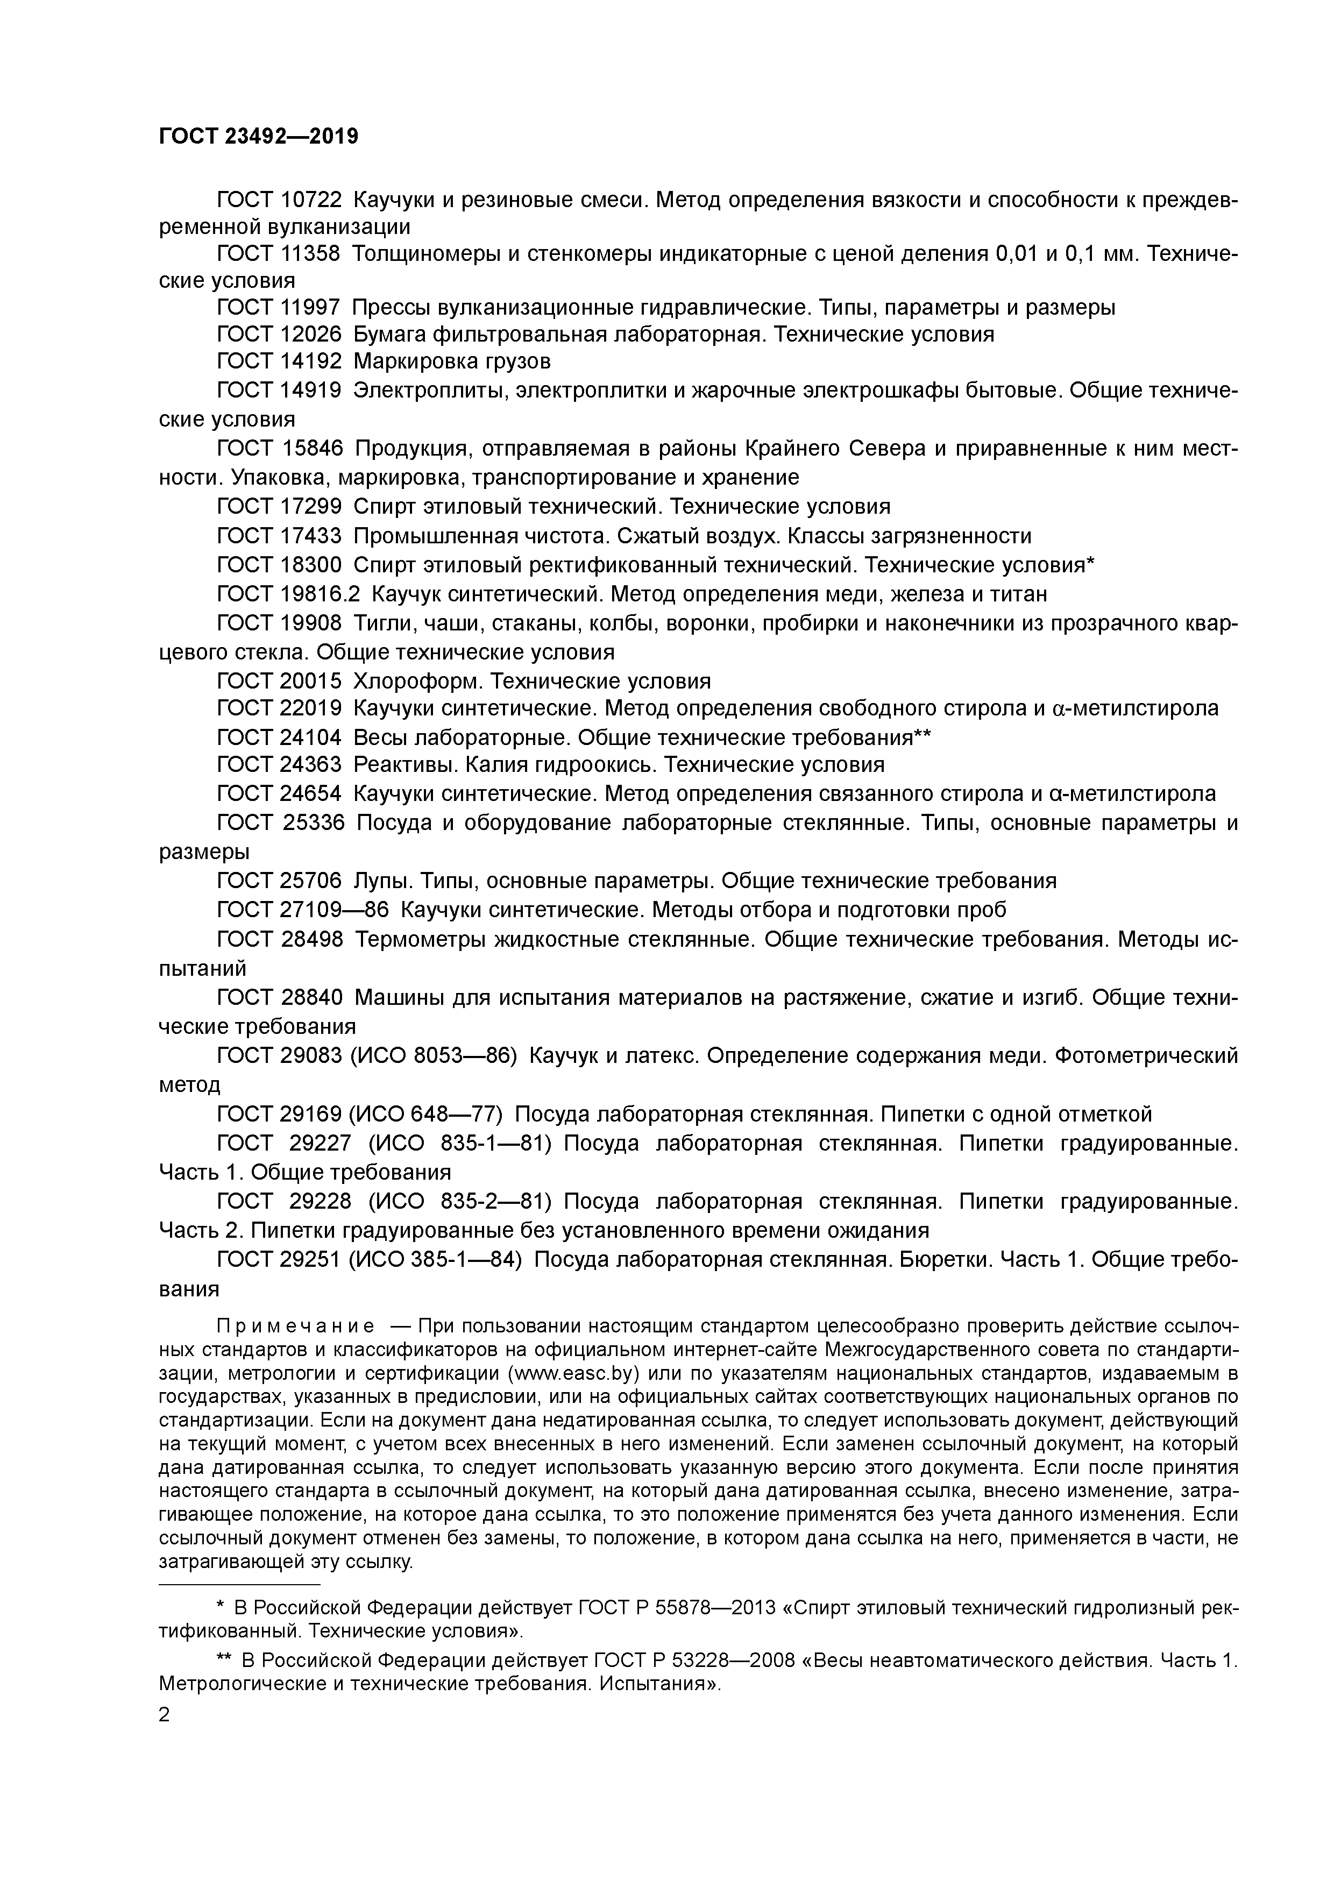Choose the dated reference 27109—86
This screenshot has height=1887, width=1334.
coord(335,910)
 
